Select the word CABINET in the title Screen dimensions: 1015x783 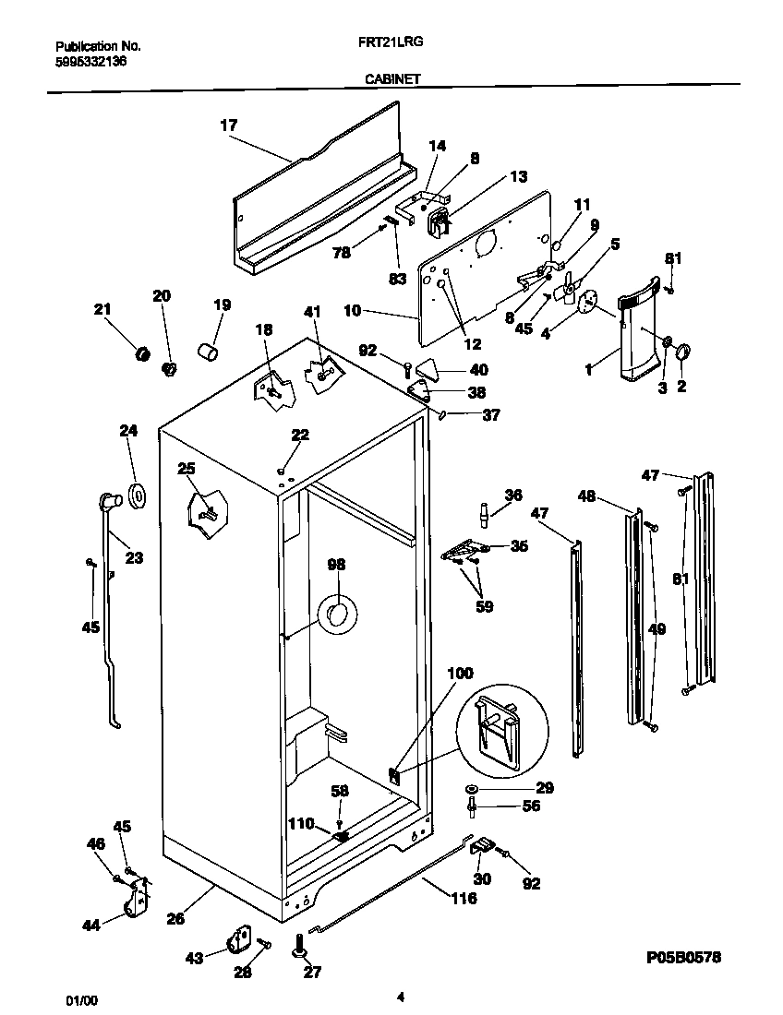(392, 79)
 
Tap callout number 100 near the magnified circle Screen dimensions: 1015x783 (460, 675)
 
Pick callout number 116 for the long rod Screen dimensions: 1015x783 (464, 897)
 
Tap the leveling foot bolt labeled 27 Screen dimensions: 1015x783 (302, 944)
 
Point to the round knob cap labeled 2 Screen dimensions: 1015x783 (683, 352)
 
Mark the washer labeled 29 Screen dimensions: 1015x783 (473, 788)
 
